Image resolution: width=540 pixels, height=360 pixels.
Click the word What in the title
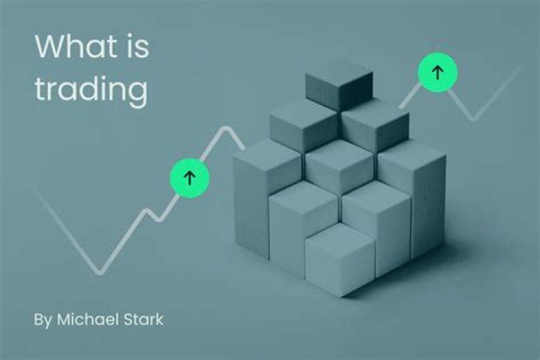coord(75,46)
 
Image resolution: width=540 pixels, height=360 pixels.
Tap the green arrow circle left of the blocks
coord(189,177)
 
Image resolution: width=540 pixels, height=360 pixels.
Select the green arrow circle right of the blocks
coord(437,73)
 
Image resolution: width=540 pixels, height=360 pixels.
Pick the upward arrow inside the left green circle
coord(189,177)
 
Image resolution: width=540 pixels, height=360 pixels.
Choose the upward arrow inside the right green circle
coord(437,73)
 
